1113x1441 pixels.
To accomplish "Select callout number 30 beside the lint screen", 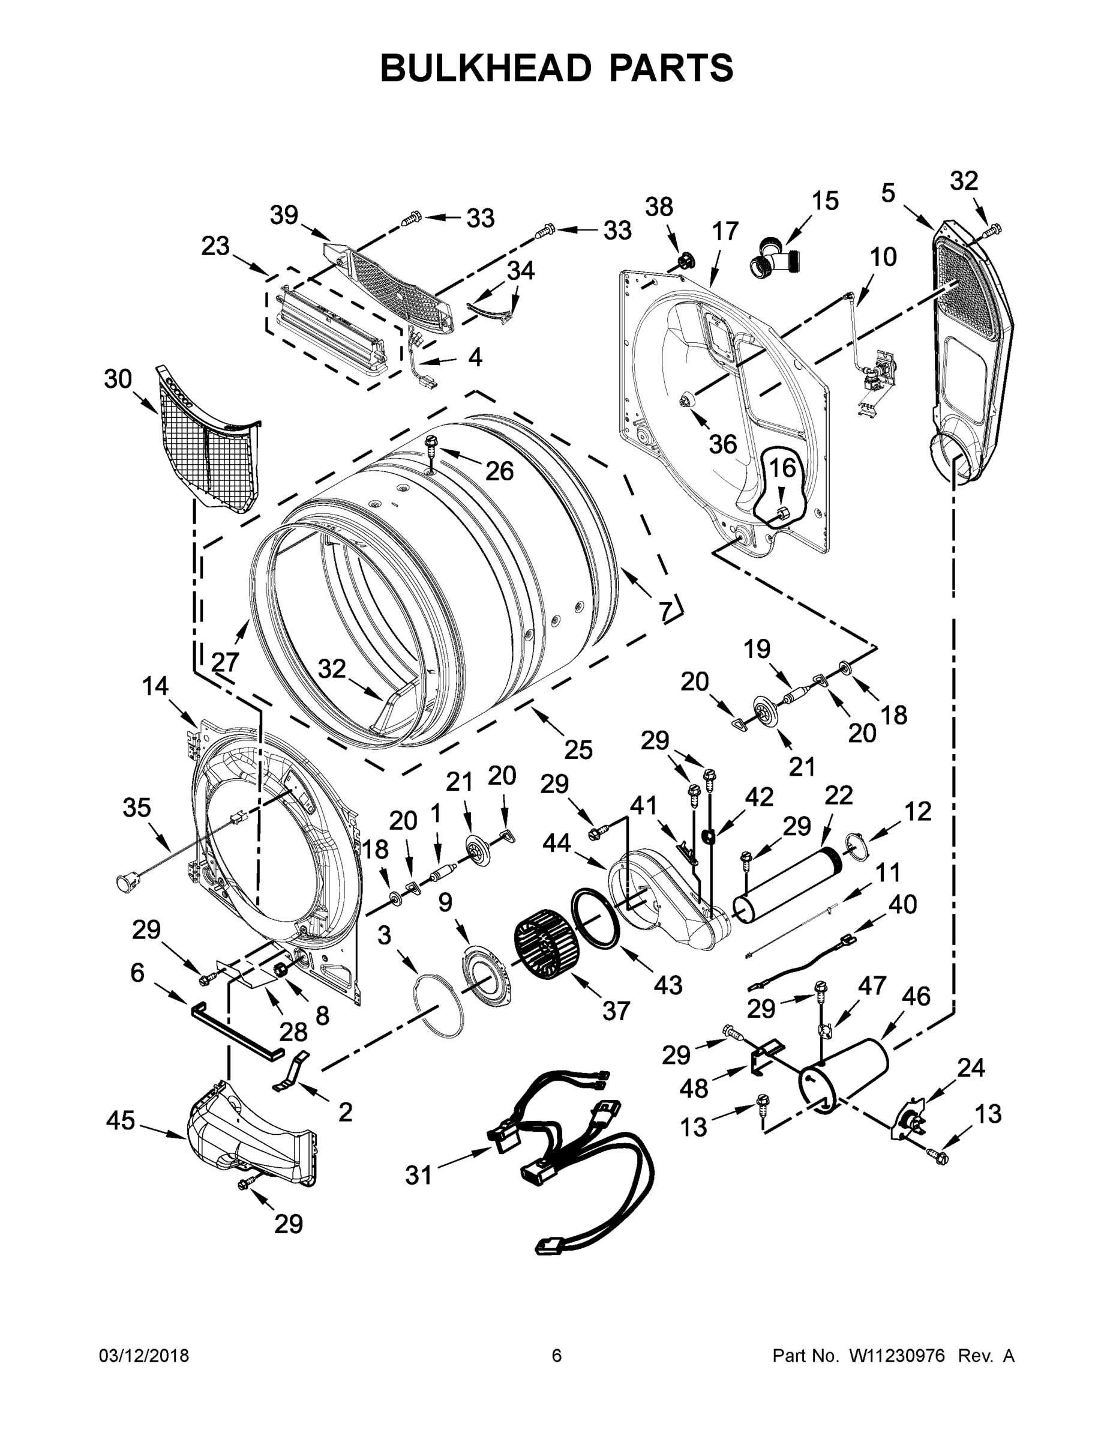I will tap(118, 379).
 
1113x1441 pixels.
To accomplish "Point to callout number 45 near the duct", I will tap(121, 1120).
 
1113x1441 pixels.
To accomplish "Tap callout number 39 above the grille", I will tap(284, 215).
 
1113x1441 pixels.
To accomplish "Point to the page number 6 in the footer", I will tap(557, 1356).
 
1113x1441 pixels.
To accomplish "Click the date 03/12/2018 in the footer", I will tap(144, 1356).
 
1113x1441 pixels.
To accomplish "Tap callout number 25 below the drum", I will tap(578, 749).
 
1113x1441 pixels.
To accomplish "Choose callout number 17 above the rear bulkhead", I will tap(725, 232).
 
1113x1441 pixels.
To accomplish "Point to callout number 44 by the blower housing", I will tap(557, 842).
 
